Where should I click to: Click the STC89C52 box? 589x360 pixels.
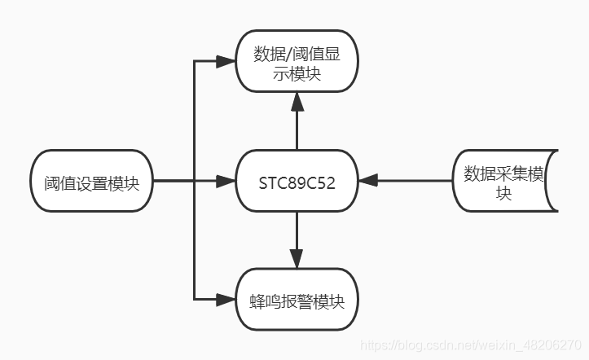297,180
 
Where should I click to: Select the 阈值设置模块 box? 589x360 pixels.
91,181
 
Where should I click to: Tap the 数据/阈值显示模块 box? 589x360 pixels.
297,63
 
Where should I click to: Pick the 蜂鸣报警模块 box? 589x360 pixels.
297,301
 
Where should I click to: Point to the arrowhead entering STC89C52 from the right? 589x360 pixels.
367,181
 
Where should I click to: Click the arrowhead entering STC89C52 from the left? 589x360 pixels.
226,181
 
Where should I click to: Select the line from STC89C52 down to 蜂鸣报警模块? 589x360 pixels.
297,232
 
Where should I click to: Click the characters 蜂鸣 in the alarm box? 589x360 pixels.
263,301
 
